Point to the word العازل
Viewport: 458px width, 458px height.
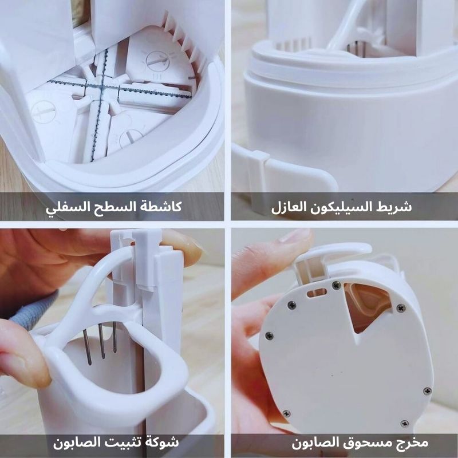pyautogui.click(x=289, y=207)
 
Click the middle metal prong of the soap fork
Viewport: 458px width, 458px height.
pyautogui.click(x=102, y=341)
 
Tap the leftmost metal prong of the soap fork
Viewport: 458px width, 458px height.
pyautogui.click(x=87, y=347)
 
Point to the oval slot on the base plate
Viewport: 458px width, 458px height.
pyautogui.click(x=317, y=293)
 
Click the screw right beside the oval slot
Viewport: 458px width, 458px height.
pyautogui.click(x=337, y=285)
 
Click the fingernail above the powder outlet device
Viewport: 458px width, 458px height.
pyautogui.click(x=294, y=235)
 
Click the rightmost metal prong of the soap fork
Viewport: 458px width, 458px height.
pyautogui.click(x=115, y=337)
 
